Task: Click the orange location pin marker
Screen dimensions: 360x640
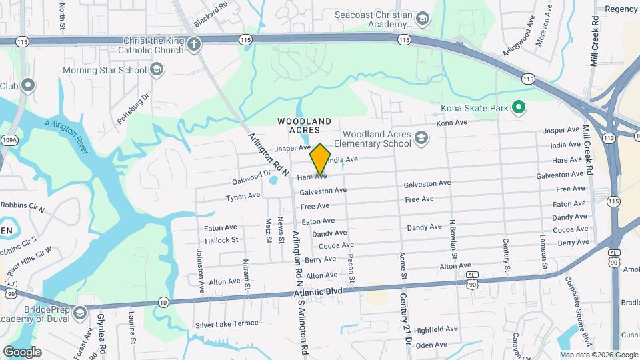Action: click(x=321, y=159)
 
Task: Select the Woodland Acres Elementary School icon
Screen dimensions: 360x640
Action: click(x=421, y=138)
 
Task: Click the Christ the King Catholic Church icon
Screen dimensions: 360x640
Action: click(x=194, y=45)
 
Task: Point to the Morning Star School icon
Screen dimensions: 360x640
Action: click(x=156, y=69)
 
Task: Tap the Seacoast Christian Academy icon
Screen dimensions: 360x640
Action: click(x=422, y=18)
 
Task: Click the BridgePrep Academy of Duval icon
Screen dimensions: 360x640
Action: click(x=79, y=313)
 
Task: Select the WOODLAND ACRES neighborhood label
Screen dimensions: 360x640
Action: click(x=305, y=125)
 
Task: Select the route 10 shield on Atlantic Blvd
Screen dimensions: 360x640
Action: click(x=163, y=302)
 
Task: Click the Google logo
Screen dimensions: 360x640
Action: click(x=22, y=352)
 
